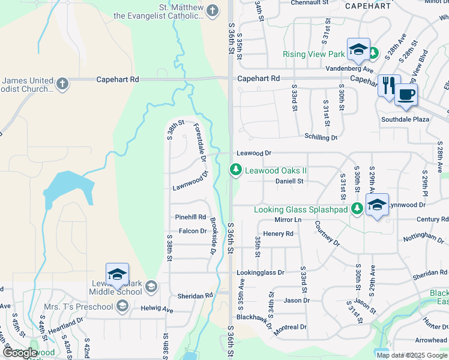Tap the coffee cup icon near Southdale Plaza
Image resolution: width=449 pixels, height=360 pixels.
coord(406,95)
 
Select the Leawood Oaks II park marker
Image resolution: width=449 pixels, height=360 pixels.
coord(236,170)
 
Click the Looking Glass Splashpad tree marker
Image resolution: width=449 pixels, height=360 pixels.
coord(357,209)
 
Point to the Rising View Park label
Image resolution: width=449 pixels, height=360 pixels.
coord(314,54)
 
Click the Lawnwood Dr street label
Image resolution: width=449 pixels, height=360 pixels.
coord(190,181)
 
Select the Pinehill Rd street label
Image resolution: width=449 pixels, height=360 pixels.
coord(190,217)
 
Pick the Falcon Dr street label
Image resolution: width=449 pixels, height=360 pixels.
coord(192,231)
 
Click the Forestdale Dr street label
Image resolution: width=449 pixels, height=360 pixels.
coord(200,143)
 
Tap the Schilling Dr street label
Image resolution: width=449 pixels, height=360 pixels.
coord(321,137)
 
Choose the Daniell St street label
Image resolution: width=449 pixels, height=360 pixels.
coord(290,181)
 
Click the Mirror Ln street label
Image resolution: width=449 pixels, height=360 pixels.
coord(287,220)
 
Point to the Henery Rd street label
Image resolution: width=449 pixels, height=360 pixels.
coord(278,233)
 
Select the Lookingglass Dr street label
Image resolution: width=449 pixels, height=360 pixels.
coord(261,272)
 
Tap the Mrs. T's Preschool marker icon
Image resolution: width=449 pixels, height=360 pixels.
coord(122,307)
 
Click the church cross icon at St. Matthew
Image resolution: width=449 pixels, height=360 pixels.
coord(212,10)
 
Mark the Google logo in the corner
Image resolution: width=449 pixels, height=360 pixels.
coord(20,353)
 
